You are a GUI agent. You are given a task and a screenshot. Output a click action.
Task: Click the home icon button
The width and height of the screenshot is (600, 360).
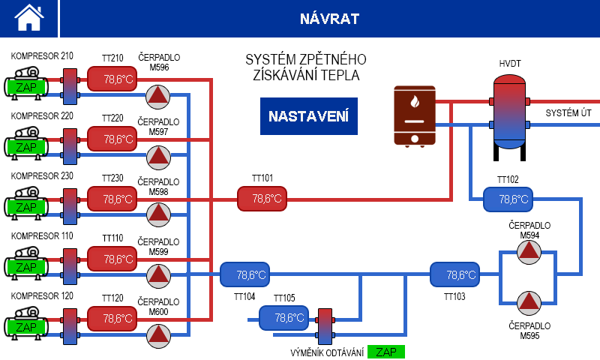point(29,18)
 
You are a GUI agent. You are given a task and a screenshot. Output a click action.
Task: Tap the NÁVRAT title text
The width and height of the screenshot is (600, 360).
point(329,18)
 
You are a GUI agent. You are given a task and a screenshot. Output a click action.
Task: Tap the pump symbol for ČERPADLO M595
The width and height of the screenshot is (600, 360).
point(529,302)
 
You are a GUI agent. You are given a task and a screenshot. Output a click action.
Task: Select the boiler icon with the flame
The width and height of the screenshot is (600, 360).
point(414,115)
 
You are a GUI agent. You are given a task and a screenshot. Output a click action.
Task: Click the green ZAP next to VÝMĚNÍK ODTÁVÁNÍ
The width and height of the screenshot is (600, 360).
point(386,352)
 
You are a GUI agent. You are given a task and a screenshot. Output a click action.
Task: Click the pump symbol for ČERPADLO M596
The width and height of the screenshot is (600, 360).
point(158,95)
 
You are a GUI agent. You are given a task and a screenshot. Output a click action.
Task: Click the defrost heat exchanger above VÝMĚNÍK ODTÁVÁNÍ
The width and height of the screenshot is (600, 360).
point(325,326)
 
